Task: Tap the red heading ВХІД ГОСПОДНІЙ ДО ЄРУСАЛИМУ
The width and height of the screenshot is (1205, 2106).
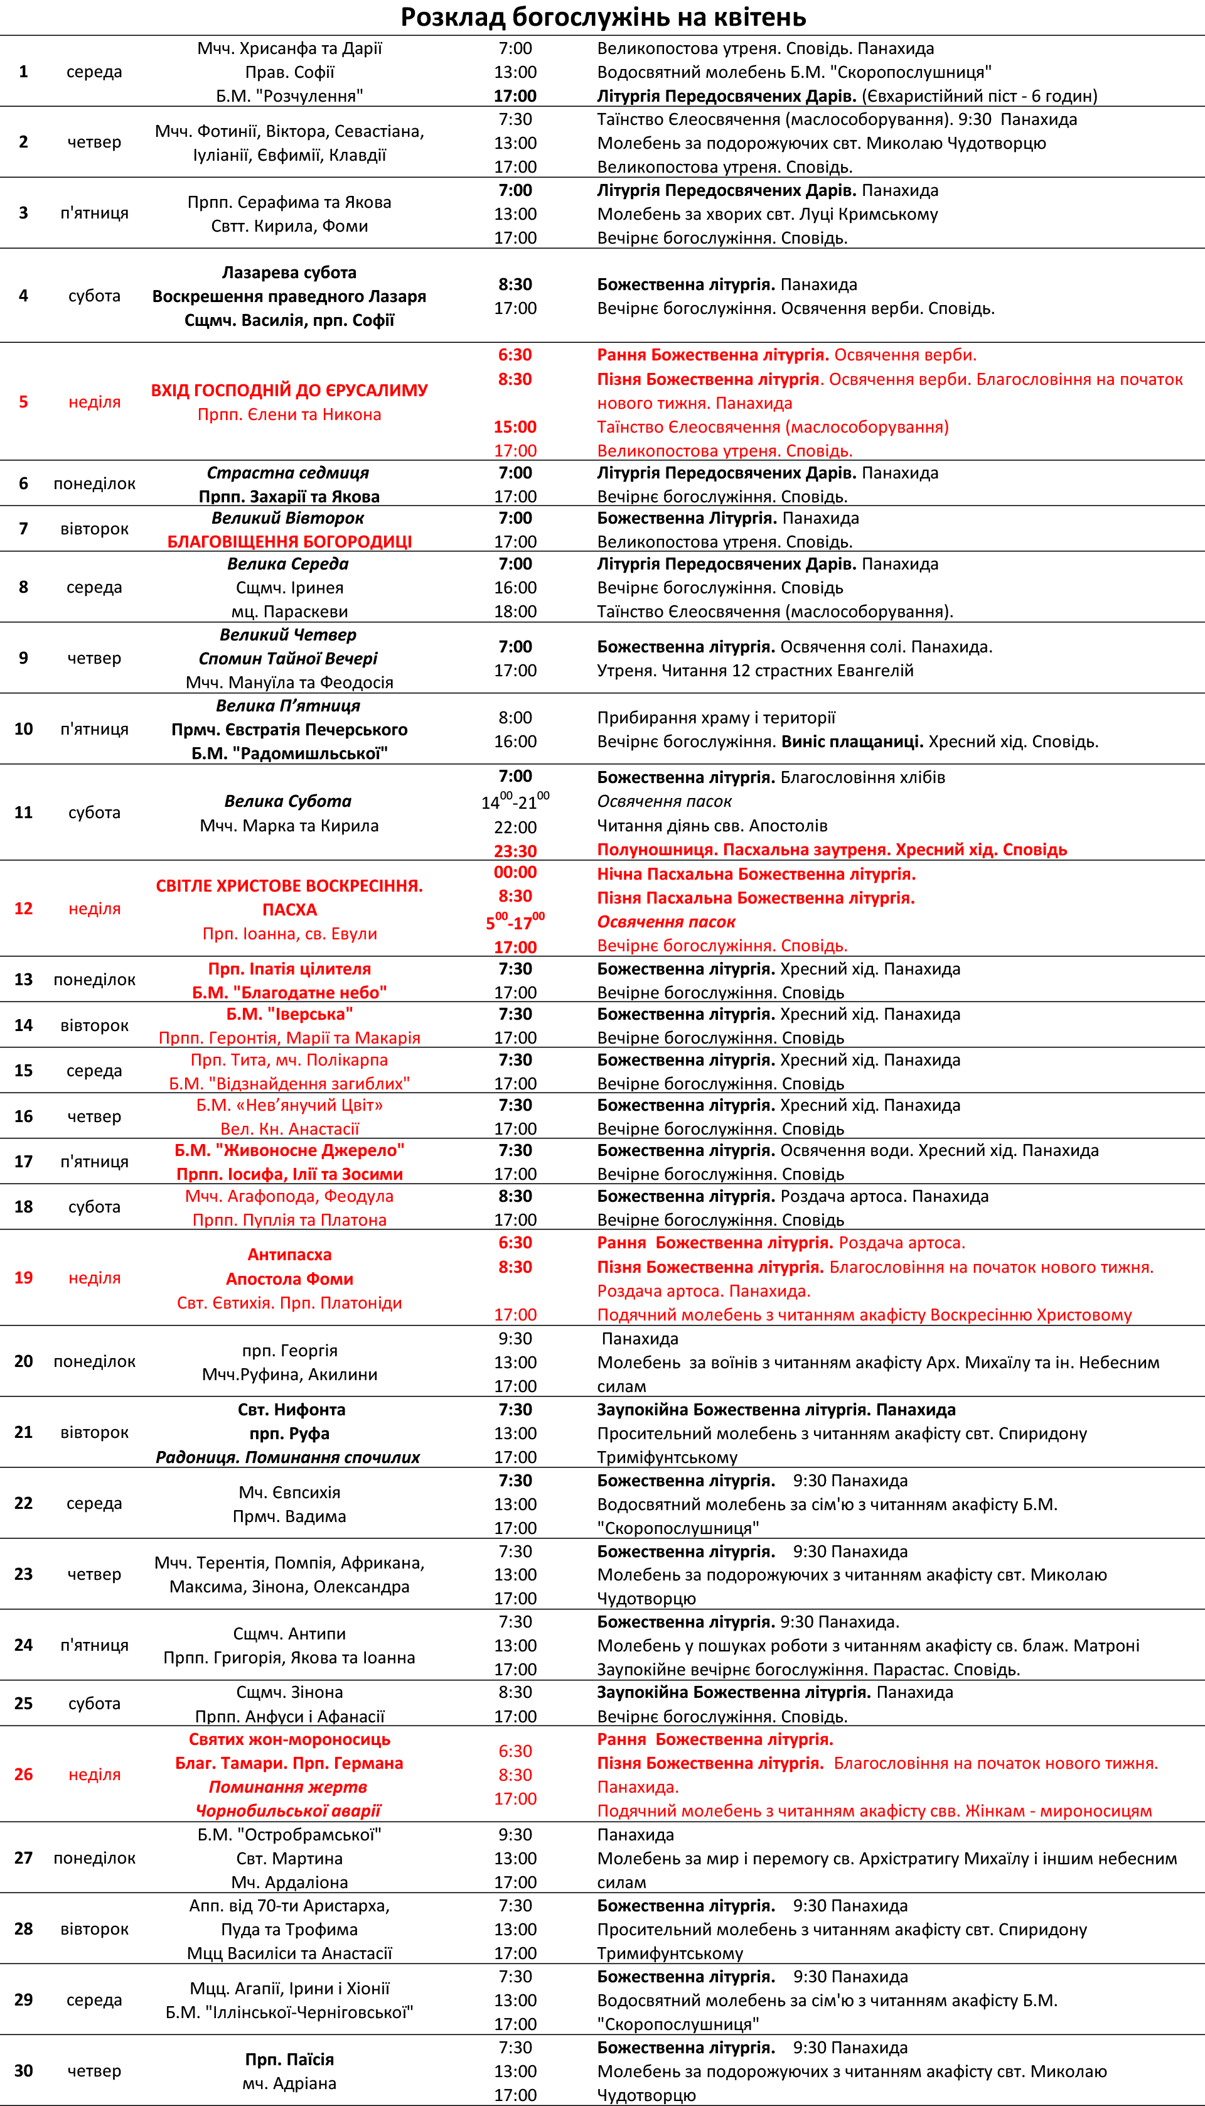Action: coord(289,390)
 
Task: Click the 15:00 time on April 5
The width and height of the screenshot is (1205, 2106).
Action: coord(515,427)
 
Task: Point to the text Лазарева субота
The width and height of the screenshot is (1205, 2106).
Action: coord(289,273)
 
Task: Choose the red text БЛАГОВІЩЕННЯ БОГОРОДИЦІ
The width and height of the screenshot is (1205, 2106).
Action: coord(289,541)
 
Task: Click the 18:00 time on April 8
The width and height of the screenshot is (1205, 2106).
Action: coord(515,611)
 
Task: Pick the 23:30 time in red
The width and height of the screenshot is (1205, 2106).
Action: coord(515,850)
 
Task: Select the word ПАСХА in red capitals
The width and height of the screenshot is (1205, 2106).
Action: coord(289,909)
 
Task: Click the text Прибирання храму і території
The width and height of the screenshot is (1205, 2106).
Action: coord(716,717)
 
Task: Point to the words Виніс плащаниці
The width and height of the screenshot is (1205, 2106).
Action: coord(852,741)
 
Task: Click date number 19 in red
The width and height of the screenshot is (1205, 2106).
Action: coord(23,1277)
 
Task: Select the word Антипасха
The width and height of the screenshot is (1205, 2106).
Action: coord(289,1254)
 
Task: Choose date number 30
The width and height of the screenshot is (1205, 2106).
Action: coord(23,2070)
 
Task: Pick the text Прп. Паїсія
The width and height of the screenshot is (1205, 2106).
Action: coord(289,2059)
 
